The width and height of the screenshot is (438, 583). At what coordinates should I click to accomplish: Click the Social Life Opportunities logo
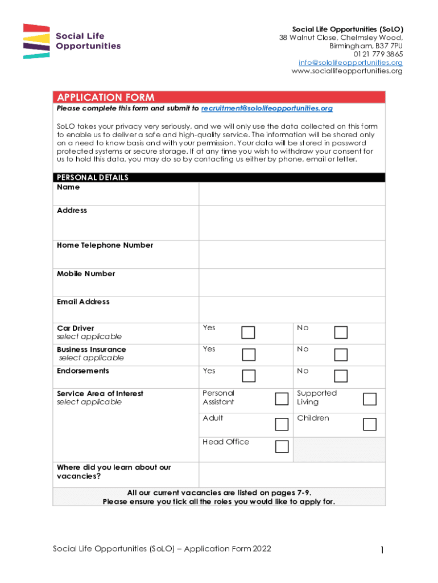(72, 41)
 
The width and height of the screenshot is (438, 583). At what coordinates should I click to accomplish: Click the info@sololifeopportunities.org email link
(350, 63)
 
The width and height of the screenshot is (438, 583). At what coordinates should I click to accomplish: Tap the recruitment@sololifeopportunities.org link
(267, 108)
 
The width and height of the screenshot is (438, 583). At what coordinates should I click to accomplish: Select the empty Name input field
(291, 194)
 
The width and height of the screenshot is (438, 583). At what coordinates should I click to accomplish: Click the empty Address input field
(291, 223)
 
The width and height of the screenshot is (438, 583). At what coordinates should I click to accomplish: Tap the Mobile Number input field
(291, 282)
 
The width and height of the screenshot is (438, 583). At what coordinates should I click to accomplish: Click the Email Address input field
(291, 309)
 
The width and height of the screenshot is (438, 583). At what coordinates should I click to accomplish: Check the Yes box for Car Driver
(249, 332)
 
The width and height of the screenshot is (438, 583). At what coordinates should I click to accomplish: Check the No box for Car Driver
(341, 332)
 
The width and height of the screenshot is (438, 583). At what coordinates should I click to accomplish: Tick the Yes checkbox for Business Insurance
(249, 355)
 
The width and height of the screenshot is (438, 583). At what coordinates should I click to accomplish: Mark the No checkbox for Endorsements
(341, 376)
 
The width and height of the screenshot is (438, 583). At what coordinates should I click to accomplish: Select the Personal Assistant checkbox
(282, 399)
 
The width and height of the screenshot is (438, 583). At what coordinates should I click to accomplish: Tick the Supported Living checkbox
(370, 399)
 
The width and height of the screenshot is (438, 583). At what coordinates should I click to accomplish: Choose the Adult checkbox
(282, 424)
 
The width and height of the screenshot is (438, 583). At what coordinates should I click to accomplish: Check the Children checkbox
(370, 424)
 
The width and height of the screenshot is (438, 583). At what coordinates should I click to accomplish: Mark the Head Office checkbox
(282, 447)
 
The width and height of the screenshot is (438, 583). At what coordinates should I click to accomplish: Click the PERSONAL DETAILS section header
(93, 178)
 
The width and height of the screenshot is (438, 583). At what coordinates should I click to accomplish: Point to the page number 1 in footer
(383, 550)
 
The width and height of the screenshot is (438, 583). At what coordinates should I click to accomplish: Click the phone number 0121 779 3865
(378, 54)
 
